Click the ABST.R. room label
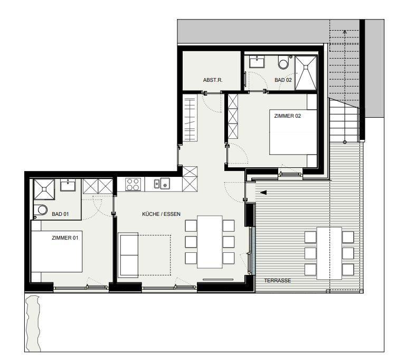pos(213,80)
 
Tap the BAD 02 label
pos(283,80)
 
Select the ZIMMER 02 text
pos(287,116)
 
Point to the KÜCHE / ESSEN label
pos(161,214)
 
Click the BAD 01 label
pos(60,214)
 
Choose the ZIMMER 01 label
pos(65,238)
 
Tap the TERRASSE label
pos(278,281)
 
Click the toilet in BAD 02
pos(284,62)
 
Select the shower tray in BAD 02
pos(306,73)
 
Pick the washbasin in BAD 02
pos(257,62)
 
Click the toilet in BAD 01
pos(41,210)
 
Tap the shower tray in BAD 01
pos(44,189)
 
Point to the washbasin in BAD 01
pos(68,185)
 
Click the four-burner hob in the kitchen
pos(133,184)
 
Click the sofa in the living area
pos(128,255)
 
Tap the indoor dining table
pos(210,242)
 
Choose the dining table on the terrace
pos(329,253)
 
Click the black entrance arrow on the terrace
pos(263,193)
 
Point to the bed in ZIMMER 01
pos(56,251)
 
